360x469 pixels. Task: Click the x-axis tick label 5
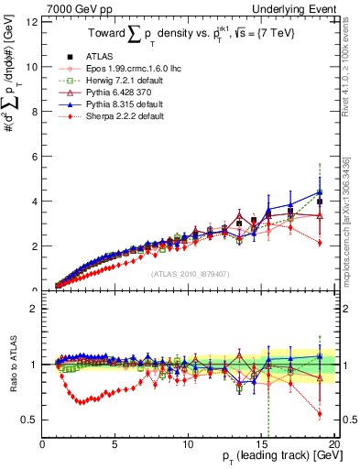coord(115,444)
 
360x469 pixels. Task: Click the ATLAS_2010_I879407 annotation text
coord(190,272)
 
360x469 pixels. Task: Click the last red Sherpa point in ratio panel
coord(320,414)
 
